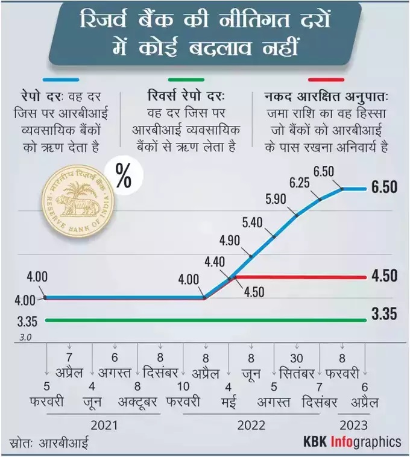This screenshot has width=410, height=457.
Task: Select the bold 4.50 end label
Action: pyautogui.click(x=384, y=276)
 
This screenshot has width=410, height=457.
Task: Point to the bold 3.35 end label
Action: pyautogui.click(x=384, y=314)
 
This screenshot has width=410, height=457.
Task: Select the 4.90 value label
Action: pyautogui.click(x=230, y=241)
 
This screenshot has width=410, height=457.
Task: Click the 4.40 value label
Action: pyautogui.click(x=215, y=262)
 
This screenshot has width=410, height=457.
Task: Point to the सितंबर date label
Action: pyautogui.click(x=295, y=372)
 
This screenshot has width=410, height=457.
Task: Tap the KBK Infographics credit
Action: pyautogui.click(x=352, y=442)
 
